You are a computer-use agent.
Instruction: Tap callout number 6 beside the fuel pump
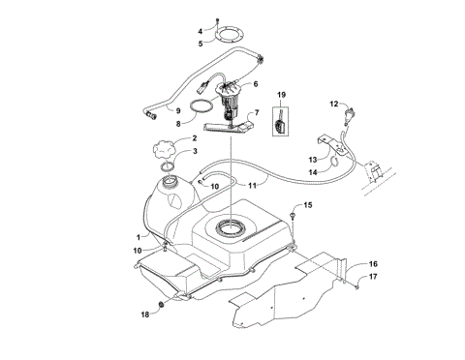pyautogui.click(x=256, y=85)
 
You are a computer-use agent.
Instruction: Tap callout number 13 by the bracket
pyautogui.click(x=313, y=159)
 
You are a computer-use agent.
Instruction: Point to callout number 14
pyautogui.click(x=313, y=171)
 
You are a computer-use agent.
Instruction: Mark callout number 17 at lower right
pyautogui.click(x=372, y=277)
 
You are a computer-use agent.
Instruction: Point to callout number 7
pyautogui.click(x=257, y=113)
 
